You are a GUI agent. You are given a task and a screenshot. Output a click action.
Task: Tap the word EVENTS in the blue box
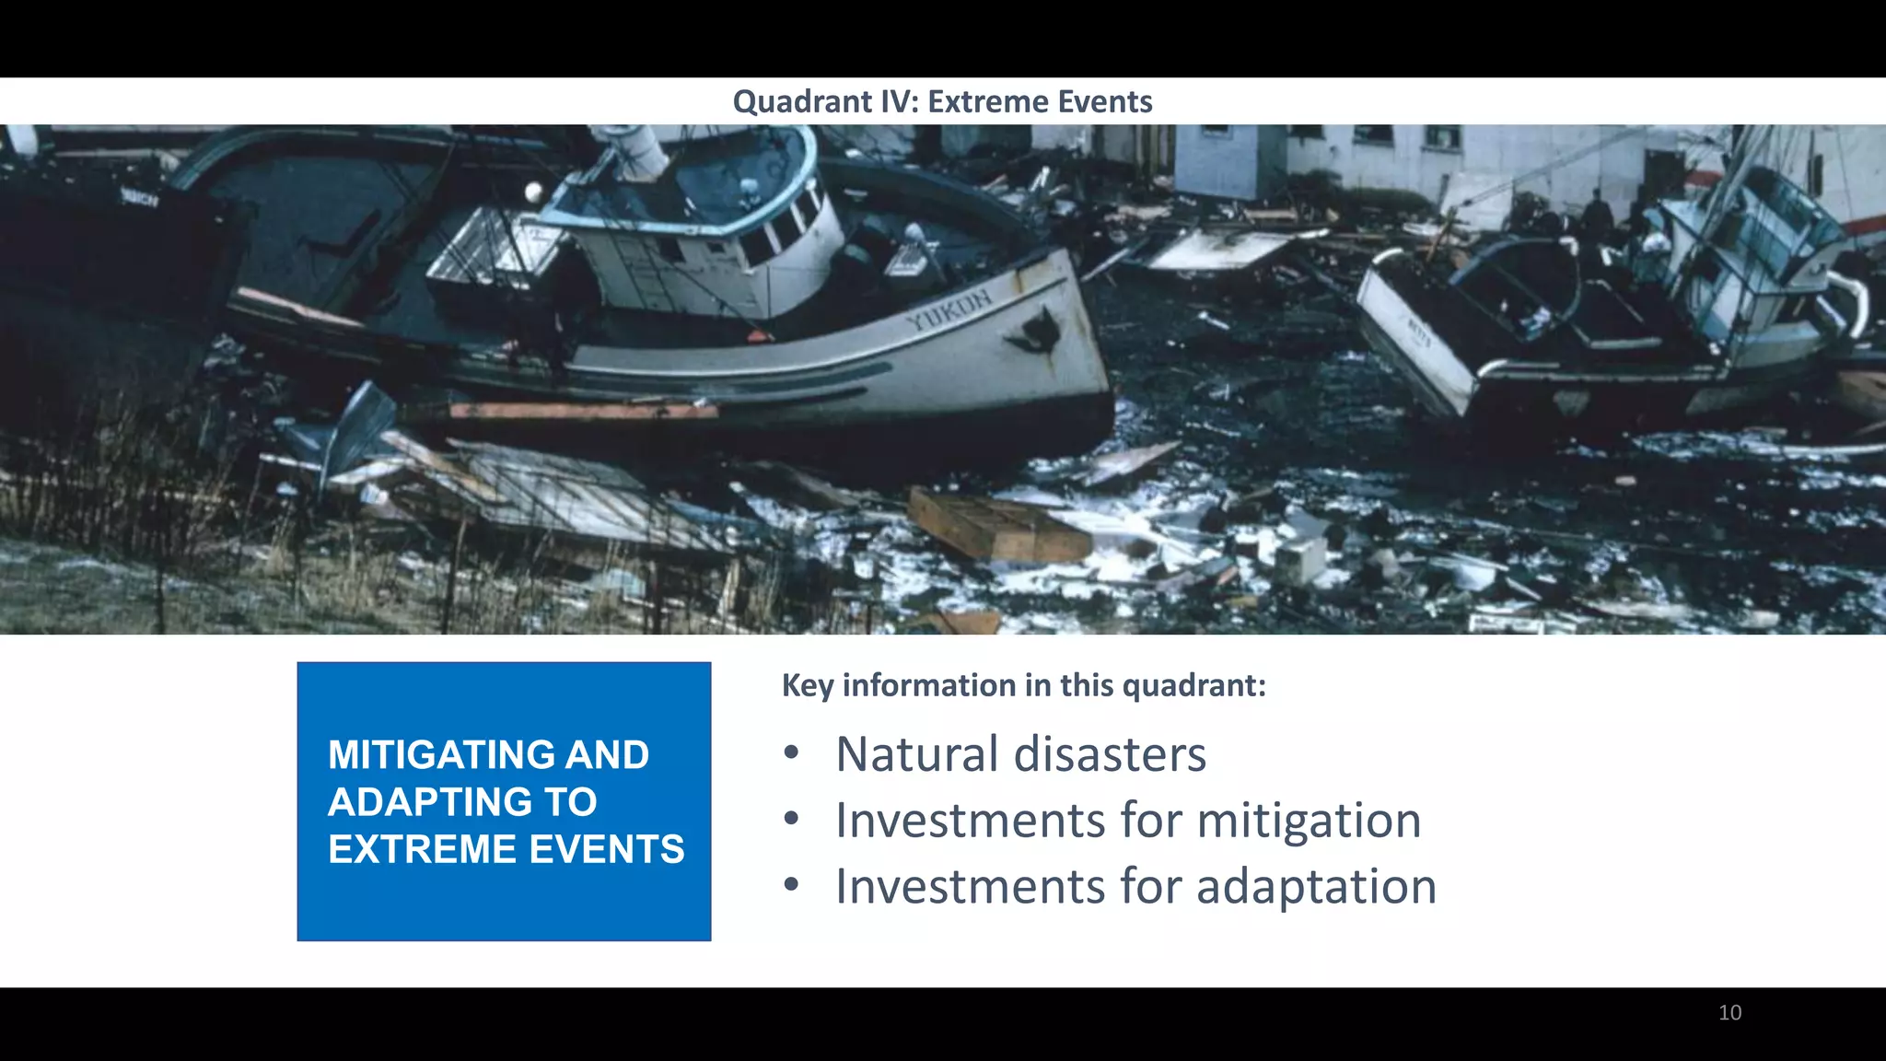pos(607,849)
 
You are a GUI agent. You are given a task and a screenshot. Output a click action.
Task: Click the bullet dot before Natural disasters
pos(791,753)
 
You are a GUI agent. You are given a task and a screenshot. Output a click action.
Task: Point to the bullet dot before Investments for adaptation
pos(791,885)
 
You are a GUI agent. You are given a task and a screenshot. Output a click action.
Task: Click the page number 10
pos(1729,1013)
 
